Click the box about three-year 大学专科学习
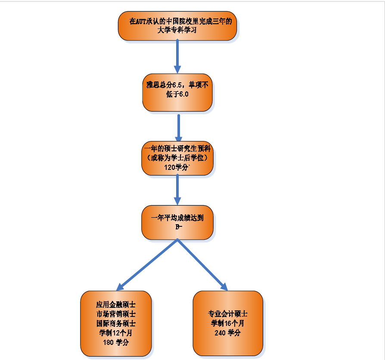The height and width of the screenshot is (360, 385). click(x=177, y=26)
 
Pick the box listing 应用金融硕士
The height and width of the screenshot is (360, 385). click(x=116, y=323)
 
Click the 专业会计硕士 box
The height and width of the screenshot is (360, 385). click(x=228, y=323)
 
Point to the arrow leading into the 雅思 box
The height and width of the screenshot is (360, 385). click(x=177, y=56)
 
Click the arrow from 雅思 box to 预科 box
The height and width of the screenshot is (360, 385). click(x=178, y=127)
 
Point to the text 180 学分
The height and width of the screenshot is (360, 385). click(x=116, y=342)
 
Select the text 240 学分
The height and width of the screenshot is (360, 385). click(x=228, y=333)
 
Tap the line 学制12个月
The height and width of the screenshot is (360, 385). click(x=116, y=333)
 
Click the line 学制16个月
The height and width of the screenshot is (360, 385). click(x=228, y=323)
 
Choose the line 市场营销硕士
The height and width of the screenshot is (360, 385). click(x=116, y=313)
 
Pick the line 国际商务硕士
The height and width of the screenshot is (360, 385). click(x=116, y=323)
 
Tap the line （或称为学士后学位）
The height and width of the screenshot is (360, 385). click(x=177, y=158)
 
